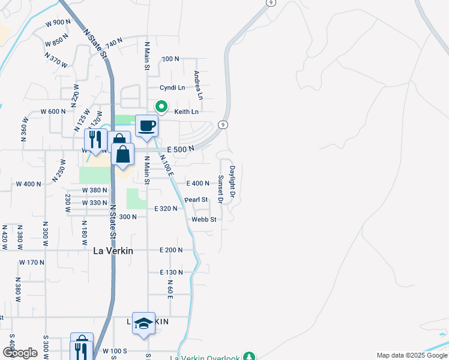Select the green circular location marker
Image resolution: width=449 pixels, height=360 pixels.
pos(161,107)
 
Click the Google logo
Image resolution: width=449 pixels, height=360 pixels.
pos(20,352)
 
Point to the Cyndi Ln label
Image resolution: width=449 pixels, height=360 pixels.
pos(173,88)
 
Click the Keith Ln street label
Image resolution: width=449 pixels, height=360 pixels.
pos(186,112)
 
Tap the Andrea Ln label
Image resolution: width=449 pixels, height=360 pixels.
pos(198,85)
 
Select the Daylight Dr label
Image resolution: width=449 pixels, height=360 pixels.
pos(232,179)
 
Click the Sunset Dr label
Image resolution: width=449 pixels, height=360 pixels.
pos(220,189)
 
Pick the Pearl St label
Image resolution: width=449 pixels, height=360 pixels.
pos(196,199)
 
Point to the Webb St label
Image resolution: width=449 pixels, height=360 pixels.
pos(203,220)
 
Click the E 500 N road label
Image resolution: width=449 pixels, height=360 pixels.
pos(181,148)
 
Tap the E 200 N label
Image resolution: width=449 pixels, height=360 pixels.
pos(171,250)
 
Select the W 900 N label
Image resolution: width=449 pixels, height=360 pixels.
pos(58,22)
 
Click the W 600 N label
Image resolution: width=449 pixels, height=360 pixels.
pos(53,112)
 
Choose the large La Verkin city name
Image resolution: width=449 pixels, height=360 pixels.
pos(113,251)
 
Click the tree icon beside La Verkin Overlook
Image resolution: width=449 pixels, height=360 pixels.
pos(249,356)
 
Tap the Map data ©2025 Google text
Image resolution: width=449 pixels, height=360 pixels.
pos(411,355)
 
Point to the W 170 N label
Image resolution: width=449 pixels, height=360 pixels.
pos(32,262)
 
